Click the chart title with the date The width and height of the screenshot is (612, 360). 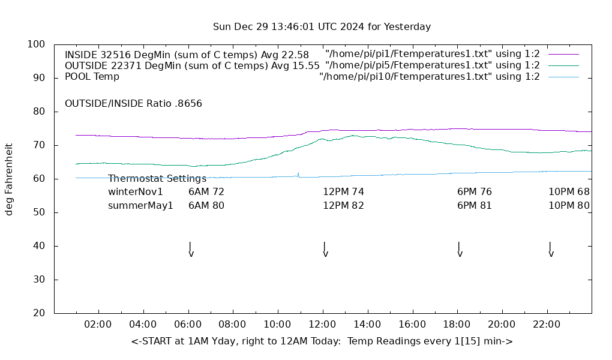coord(322,27)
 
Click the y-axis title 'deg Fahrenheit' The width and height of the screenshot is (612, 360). coord(9,179)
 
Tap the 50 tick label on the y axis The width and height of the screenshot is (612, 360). coord(38,212)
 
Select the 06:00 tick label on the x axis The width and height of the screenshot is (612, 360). coord(188,325)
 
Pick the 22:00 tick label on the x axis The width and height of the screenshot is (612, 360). coord(547,325)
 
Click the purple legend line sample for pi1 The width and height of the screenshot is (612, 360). coord(563,55)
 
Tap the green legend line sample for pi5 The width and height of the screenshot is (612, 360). coord(563,65)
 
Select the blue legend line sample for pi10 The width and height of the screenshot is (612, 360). coord(563,77)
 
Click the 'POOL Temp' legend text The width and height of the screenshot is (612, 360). coord(92,77)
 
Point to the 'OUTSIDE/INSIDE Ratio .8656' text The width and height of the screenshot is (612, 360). coord(133,103)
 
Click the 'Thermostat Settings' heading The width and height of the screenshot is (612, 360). coord(157,179)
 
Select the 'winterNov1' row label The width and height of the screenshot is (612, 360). coord(136,192)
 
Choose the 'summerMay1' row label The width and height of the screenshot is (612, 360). coord(140,205)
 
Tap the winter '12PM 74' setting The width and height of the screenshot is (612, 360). coord(343,192)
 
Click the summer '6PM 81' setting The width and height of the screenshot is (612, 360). coord(475,205)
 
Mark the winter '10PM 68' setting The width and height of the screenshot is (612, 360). coord(569,192)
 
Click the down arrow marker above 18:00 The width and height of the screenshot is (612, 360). coord(460,249)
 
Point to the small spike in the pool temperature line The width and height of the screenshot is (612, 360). coord(298,174)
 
